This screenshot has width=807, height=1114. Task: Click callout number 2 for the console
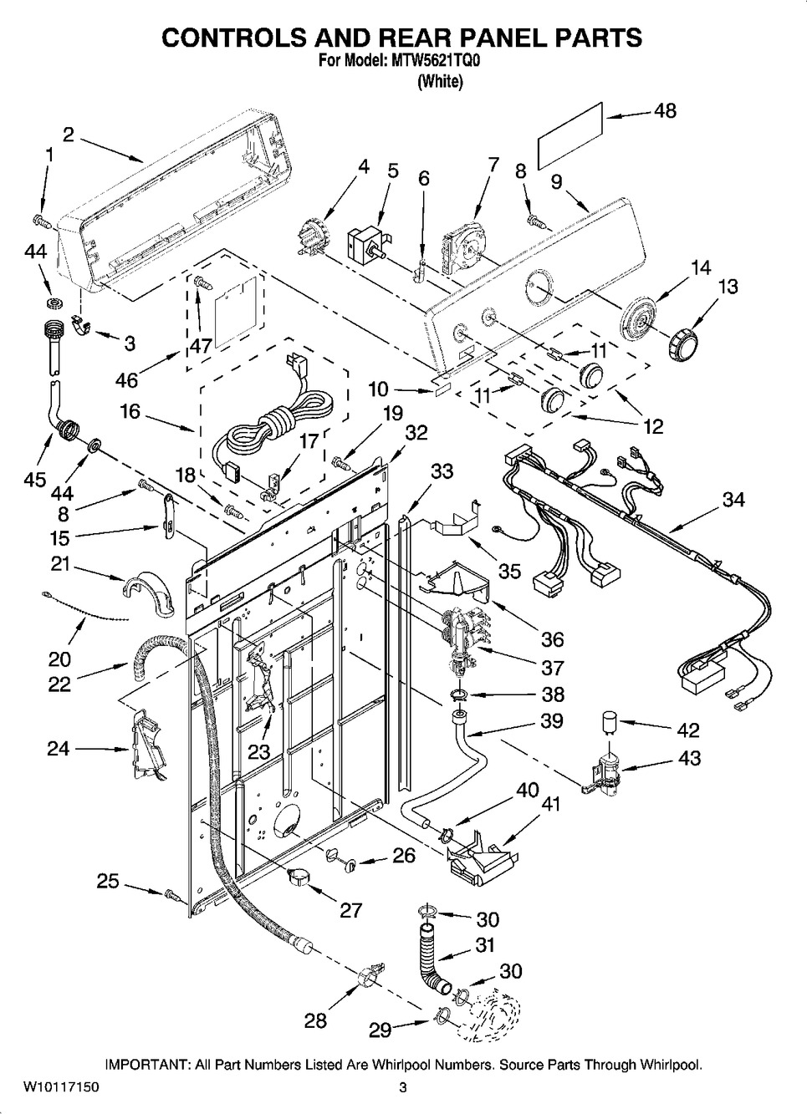point(69,134)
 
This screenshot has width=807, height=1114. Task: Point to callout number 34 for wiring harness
point(733,500)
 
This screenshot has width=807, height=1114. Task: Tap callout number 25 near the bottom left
point(108,881)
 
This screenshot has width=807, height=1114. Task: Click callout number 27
point(350,909)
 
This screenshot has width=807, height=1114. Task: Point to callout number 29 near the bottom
point(381,1030)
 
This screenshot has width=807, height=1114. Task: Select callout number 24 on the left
point(58,749)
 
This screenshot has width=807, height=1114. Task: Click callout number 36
point(552,639)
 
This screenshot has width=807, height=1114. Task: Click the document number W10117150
point(50,1088)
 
